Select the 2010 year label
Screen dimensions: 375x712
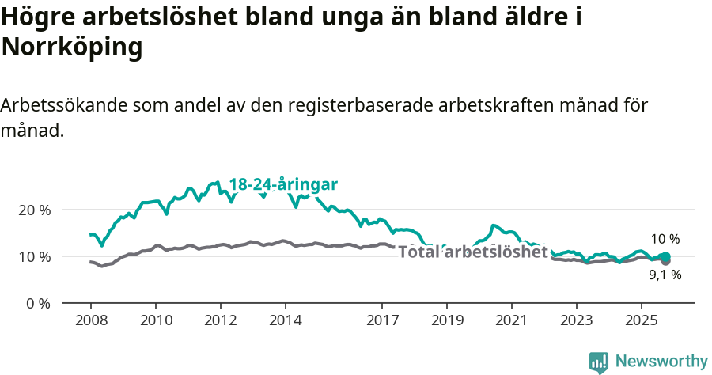pos(155,321)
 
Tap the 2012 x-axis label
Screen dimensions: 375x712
pos(220,321)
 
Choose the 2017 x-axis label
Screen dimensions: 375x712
pos(382,321)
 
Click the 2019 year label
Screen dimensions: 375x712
pos(447,321)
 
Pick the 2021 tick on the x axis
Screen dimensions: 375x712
pos(511,321)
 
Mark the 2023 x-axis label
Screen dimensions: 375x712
pos(576,321)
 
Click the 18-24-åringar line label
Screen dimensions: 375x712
pos(283,184)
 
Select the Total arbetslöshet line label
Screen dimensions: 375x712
pos(472,252)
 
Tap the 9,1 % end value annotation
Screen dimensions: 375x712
pos(665,275)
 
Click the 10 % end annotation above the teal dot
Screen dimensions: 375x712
pos(665,239)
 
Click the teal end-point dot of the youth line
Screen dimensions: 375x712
pos(666,256)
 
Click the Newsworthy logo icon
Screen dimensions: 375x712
pos(599,362)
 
